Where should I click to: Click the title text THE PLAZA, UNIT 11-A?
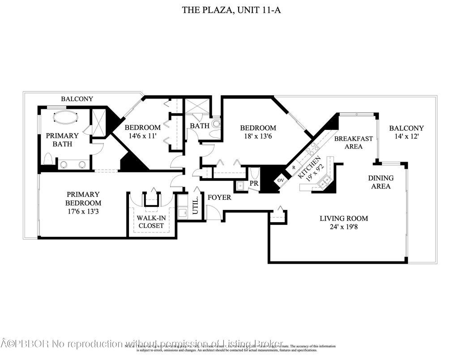[x=232, y=10]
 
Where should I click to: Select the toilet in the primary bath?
[x=48, y=159]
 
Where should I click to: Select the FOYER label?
[x=219, y=197]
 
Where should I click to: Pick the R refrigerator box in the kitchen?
[x=294, y=168]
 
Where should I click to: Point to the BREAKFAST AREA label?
[x=353, y=142]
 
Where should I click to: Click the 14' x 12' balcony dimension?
[x=406, y=137]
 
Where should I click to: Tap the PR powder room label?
[x=253, y=184]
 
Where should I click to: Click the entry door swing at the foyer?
[x=214, y=212]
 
